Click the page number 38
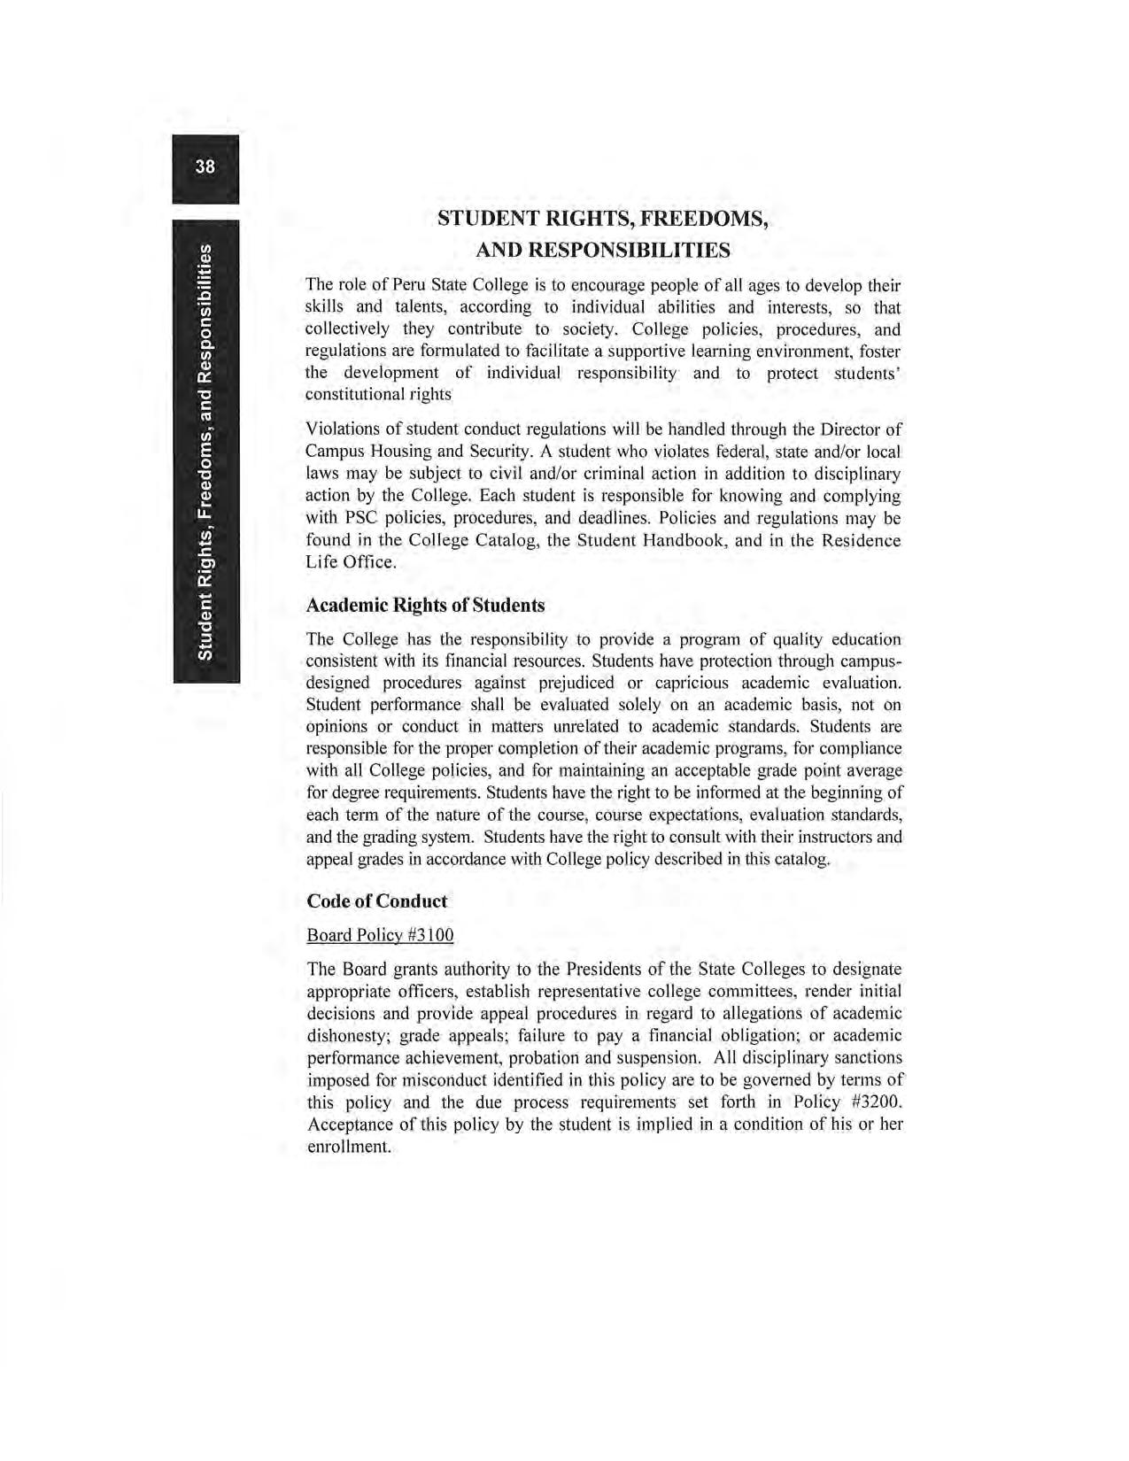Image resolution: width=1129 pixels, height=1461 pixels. [x=205, y=166]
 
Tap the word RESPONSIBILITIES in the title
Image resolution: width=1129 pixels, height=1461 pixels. [x=630, y=251]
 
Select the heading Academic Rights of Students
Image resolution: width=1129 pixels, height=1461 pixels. [x=425, y=606]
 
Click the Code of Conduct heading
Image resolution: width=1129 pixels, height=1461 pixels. [x=376, y=901]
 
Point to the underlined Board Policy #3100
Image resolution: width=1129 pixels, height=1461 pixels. [x=380, y=935]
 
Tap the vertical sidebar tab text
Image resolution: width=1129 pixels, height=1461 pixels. [x=205, y=452]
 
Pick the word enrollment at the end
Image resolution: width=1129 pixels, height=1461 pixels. [x=348, y=1147]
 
